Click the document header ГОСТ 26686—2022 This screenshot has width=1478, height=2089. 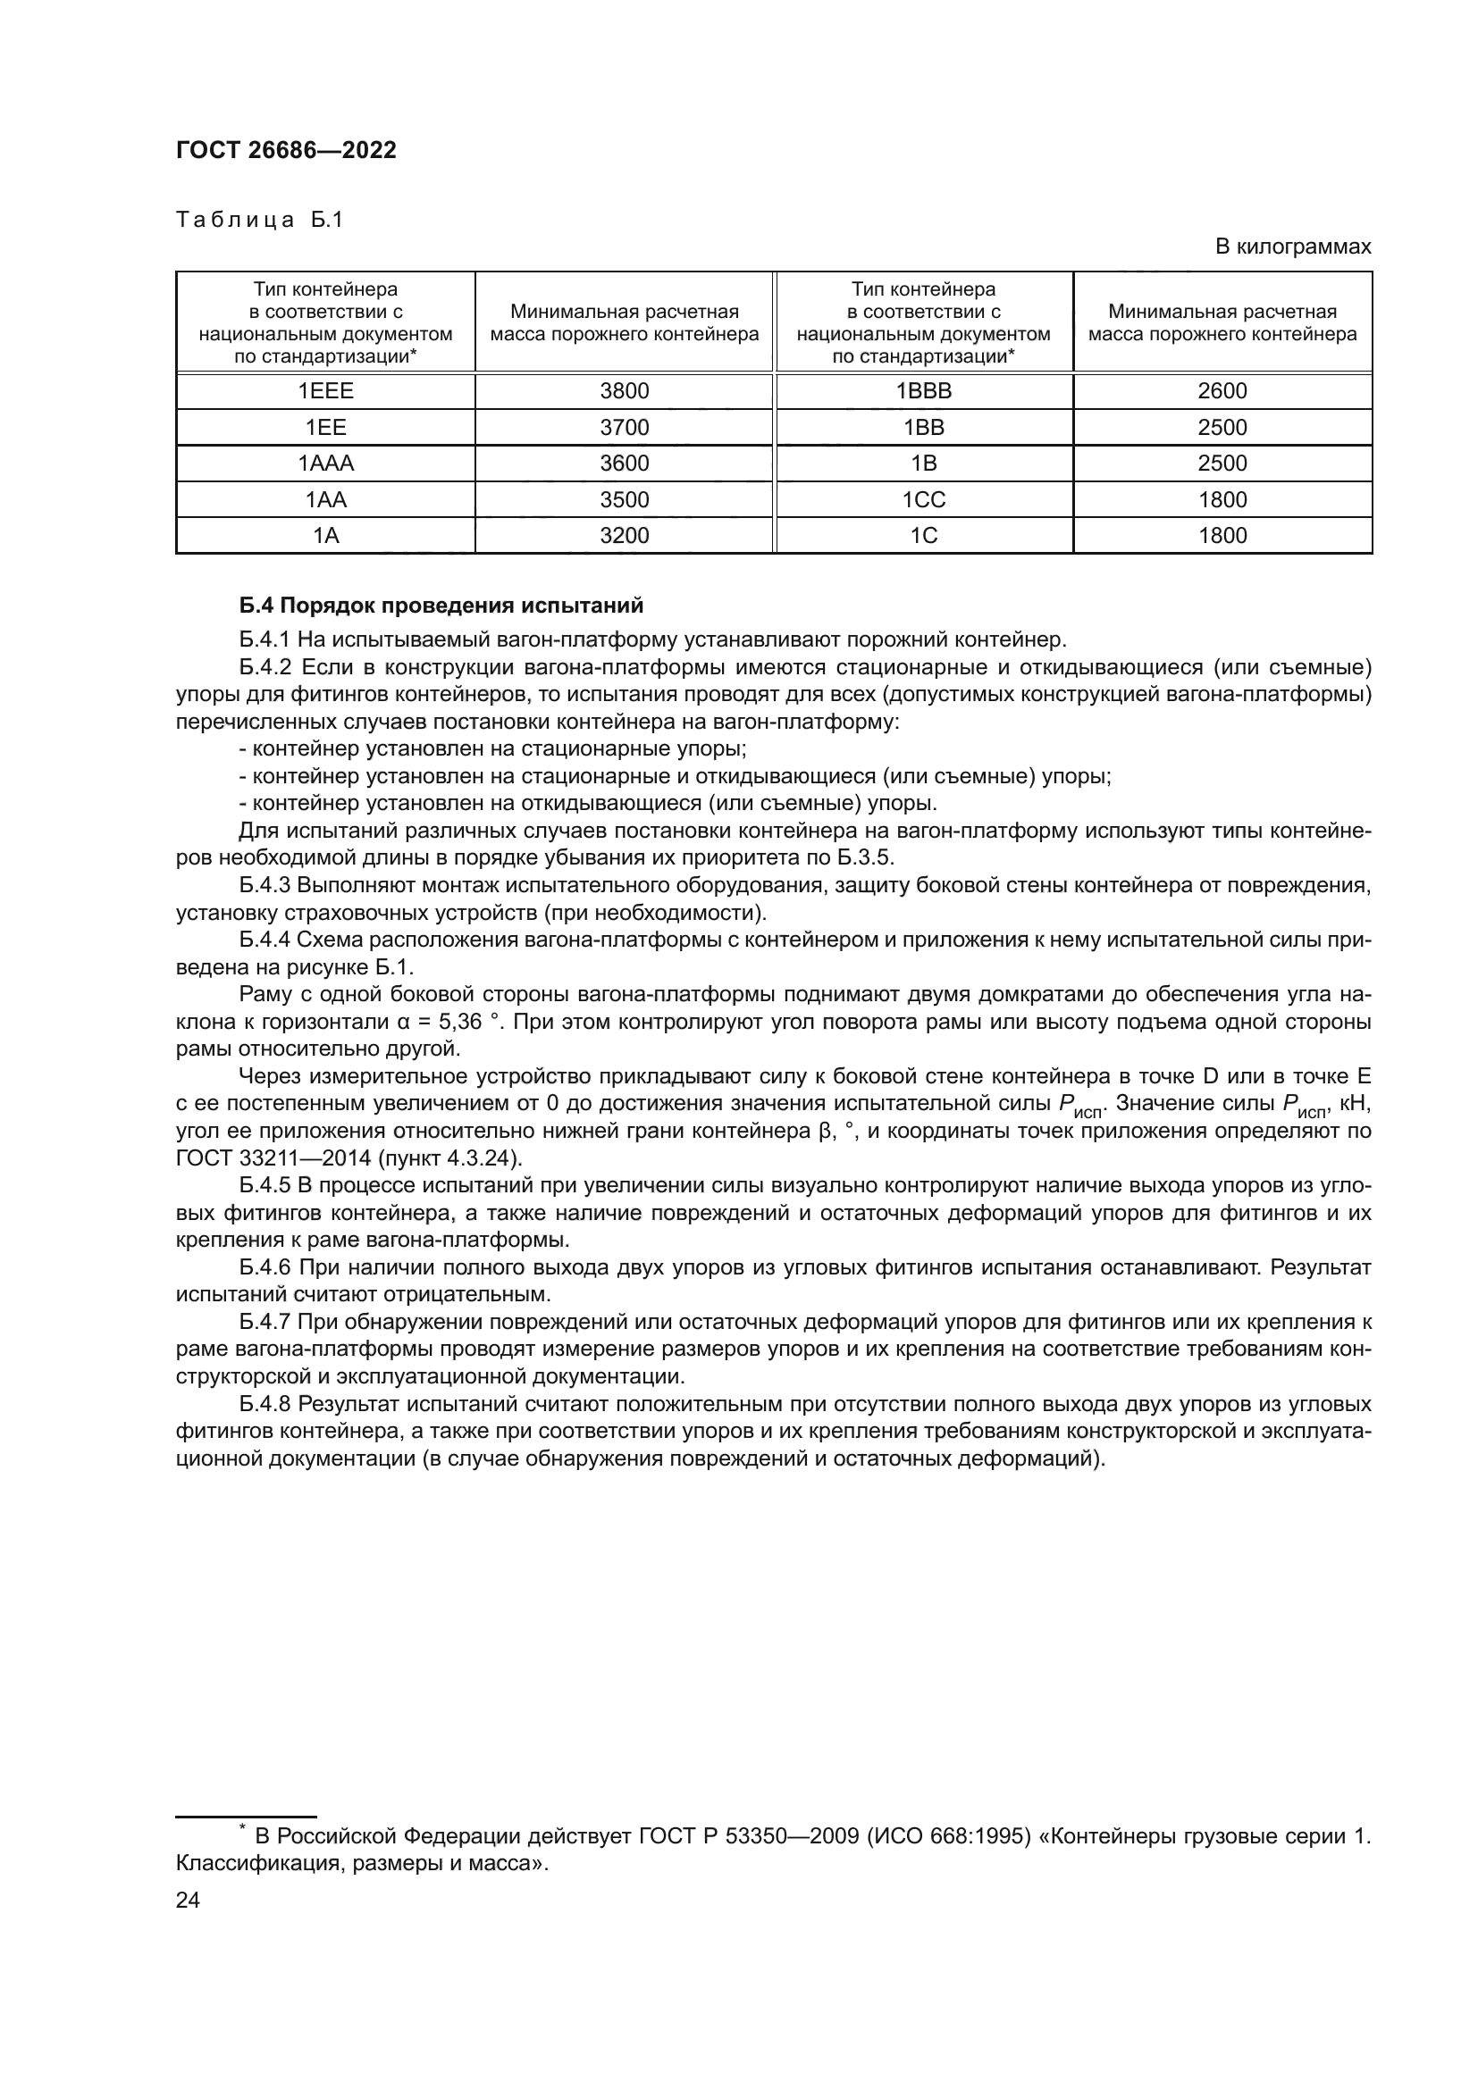pyautogui.click(x=286, y=151)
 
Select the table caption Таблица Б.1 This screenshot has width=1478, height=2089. pyautogui.click(x=258, y=221)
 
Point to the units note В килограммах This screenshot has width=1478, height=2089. pyautogui.click(x=1292, y=247)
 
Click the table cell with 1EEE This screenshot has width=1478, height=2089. pyautogui.click(x=325, y=391)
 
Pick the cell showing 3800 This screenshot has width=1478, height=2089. pyautogui.click(x=625, y=391)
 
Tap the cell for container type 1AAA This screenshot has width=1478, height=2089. pyautogui.click(x=325, y=464)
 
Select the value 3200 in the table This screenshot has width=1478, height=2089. pyautogui.click(x=625, y=535)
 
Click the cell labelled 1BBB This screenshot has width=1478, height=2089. pyautogui.click(x=923, y=391)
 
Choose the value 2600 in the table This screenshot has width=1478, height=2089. pyautogui.click(x=1222, y=391)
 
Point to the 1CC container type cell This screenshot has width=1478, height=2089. pyautogui.click(x=923, y=499)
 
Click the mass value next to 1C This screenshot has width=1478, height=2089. pyautogui.click(x=1222, y=535)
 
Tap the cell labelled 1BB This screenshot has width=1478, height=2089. pyautogui.click(x=923, y=428)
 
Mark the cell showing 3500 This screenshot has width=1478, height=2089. pyautogui.click(x=625, y=499)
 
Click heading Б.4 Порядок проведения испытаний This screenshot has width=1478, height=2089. pyautogui.click(x=441, y=605)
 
